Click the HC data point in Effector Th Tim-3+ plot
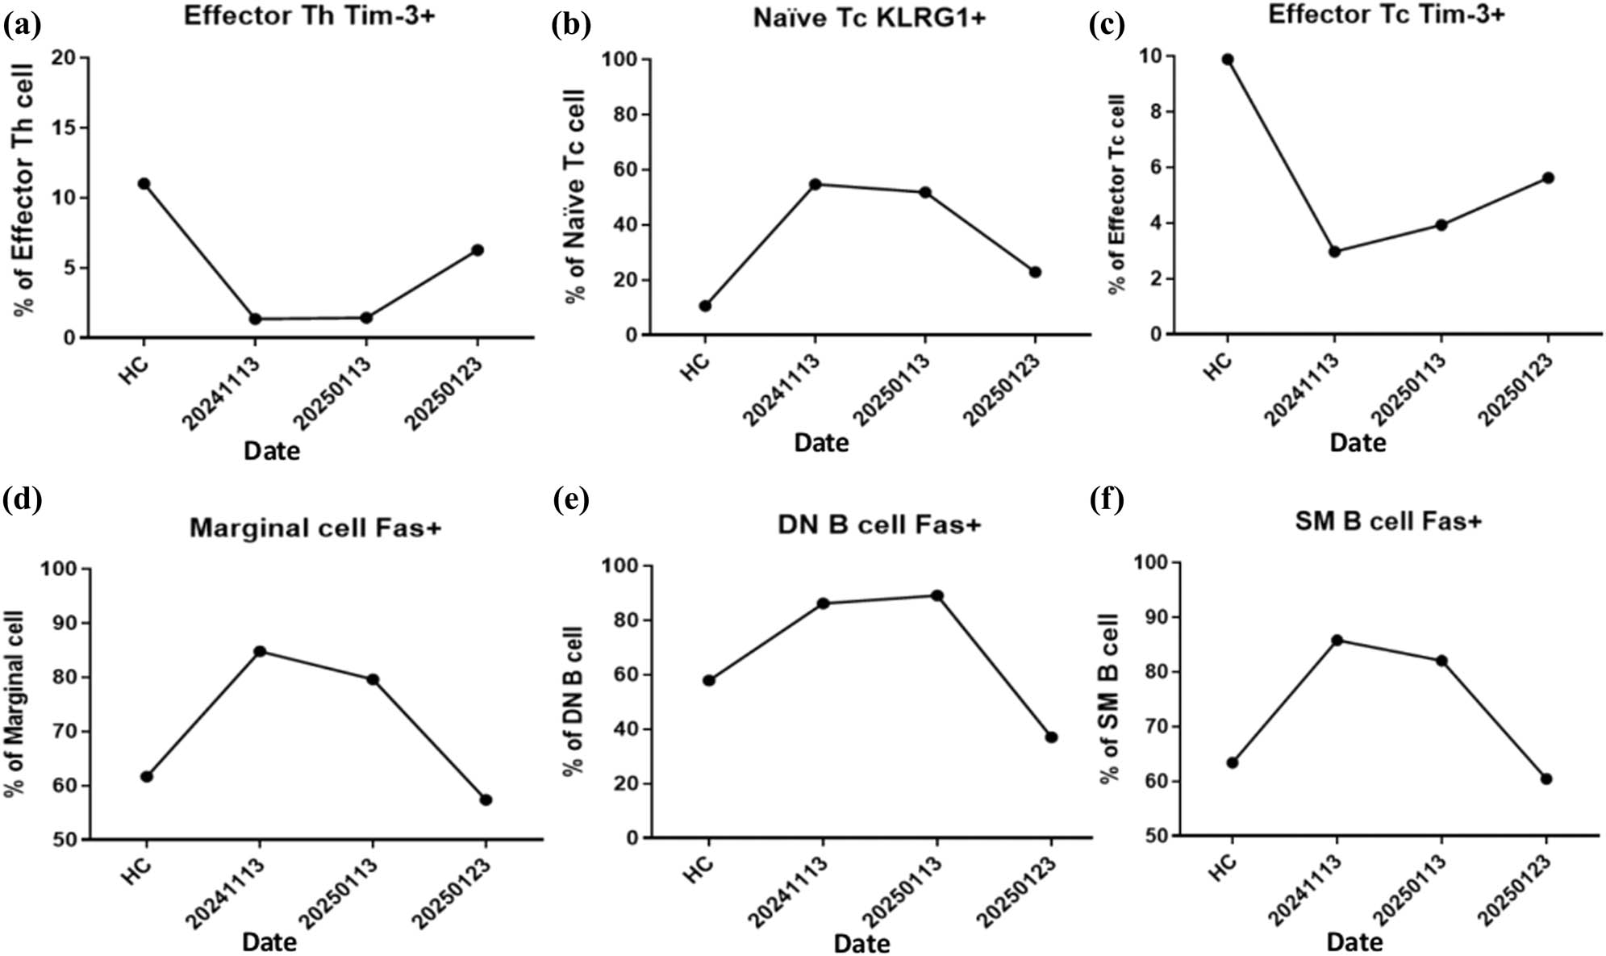point(144,184)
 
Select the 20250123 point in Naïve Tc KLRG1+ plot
point(1035,273)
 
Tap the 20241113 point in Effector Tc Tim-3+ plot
point(1334,252)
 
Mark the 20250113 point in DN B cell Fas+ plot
point(936,596)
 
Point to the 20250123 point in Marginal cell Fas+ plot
point(486,799)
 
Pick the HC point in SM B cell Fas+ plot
point(1232,762)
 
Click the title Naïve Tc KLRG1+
point(869,19)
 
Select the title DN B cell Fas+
point(878,525)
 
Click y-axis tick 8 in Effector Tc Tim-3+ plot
point(1155,112)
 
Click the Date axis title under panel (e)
point(861,943)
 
